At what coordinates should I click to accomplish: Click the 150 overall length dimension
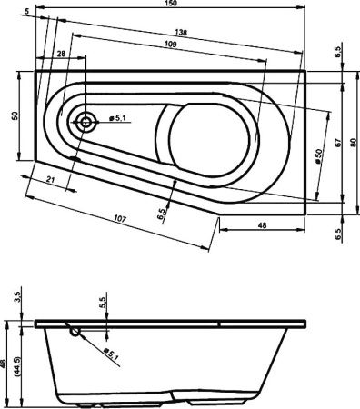(x=169, y=5)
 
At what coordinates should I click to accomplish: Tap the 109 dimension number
(x=170, y=45)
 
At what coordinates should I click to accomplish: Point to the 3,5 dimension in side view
(x=19, y=297)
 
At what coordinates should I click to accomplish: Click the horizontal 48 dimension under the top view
(x=261, y=224)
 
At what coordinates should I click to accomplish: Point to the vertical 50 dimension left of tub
(x=14, y=116)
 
